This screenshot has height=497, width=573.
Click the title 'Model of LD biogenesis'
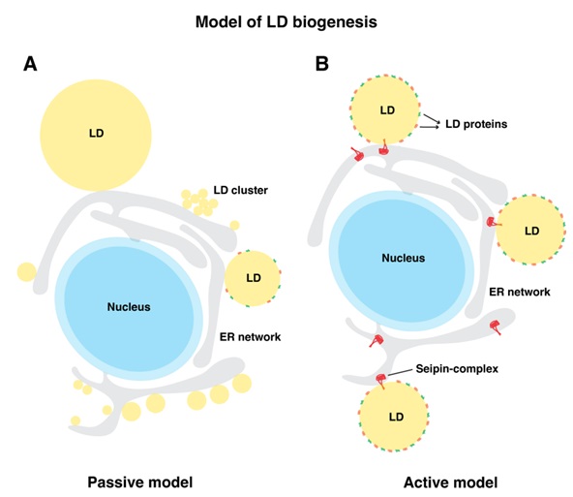[286, 22]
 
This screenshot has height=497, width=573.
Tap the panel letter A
[30, 64]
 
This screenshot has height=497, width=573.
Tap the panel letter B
[322, 64]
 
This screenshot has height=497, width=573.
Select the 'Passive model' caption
[140, 482]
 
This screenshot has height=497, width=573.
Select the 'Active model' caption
[451, 482]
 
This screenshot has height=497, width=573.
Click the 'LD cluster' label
[240, 190]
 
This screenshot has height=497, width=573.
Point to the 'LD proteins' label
[476, 124]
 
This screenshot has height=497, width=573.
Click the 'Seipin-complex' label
[457, 369]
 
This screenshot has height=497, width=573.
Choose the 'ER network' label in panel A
[250, 337]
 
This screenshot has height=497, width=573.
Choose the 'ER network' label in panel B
[520, 292]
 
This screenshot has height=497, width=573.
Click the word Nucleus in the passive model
[129, 307]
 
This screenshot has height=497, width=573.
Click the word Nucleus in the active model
[403, 259]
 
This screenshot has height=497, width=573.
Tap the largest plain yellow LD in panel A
[96, 135]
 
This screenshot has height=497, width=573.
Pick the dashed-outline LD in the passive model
[253, 278]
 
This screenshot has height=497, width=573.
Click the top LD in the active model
[384, 109]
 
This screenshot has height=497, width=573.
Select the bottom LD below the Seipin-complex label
[394, 417]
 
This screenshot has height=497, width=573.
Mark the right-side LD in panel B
[530, 231]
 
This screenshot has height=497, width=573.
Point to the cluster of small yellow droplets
[199, 202]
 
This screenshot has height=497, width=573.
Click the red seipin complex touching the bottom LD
[380, 381]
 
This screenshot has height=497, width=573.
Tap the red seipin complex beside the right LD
[494, 222]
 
